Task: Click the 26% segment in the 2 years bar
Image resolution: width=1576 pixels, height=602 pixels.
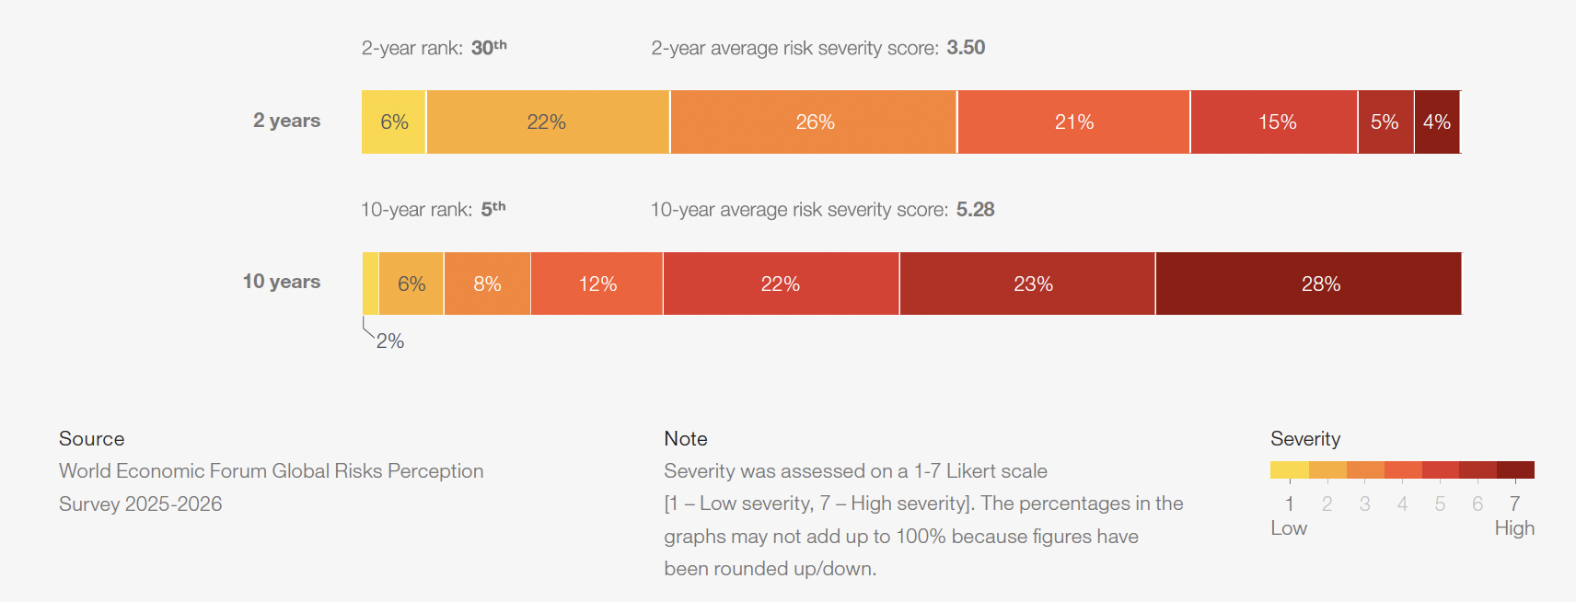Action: pos(814,122)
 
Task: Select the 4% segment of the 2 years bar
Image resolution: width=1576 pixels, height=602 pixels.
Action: pos(1437,122)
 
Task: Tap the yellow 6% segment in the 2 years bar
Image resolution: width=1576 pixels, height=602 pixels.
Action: pos(394,122)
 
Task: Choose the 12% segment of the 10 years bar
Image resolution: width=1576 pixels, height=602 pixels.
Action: pos(597,284)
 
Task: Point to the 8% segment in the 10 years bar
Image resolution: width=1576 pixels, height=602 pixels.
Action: pos(487,284)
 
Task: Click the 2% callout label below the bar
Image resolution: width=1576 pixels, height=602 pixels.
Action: pos(390,342)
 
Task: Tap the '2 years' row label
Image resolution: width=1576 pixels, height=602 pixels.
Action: pos(286,121)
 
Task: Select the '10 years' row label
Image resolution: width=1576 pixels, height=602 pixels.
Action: pos(281,282)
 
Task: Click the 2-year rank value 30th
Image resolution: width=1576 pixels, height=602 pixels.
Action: pos(489,48)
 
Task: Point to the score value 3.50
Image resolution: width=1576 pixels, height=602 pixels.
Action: pos(966,48)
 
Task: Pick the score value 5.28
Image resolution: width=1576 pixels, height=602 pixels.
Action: pos(975,210)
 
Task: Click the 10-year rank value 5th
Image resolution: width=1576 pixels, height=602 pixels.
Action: pos(493,210)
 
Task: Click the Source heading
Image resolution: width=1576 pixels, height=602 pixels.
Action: pos(91,439)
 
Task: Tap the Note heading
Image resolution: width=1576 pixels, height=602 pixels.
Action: pos(686,439)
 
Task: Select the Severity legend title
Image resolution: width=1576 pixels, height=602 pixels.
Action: pos(1305,439)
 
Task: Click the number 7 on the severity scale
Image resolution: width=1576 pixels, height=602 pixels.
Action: pos(1514,504)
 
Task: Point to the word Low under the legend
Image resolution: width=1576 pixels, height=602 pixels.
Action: pos(1289,528)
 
